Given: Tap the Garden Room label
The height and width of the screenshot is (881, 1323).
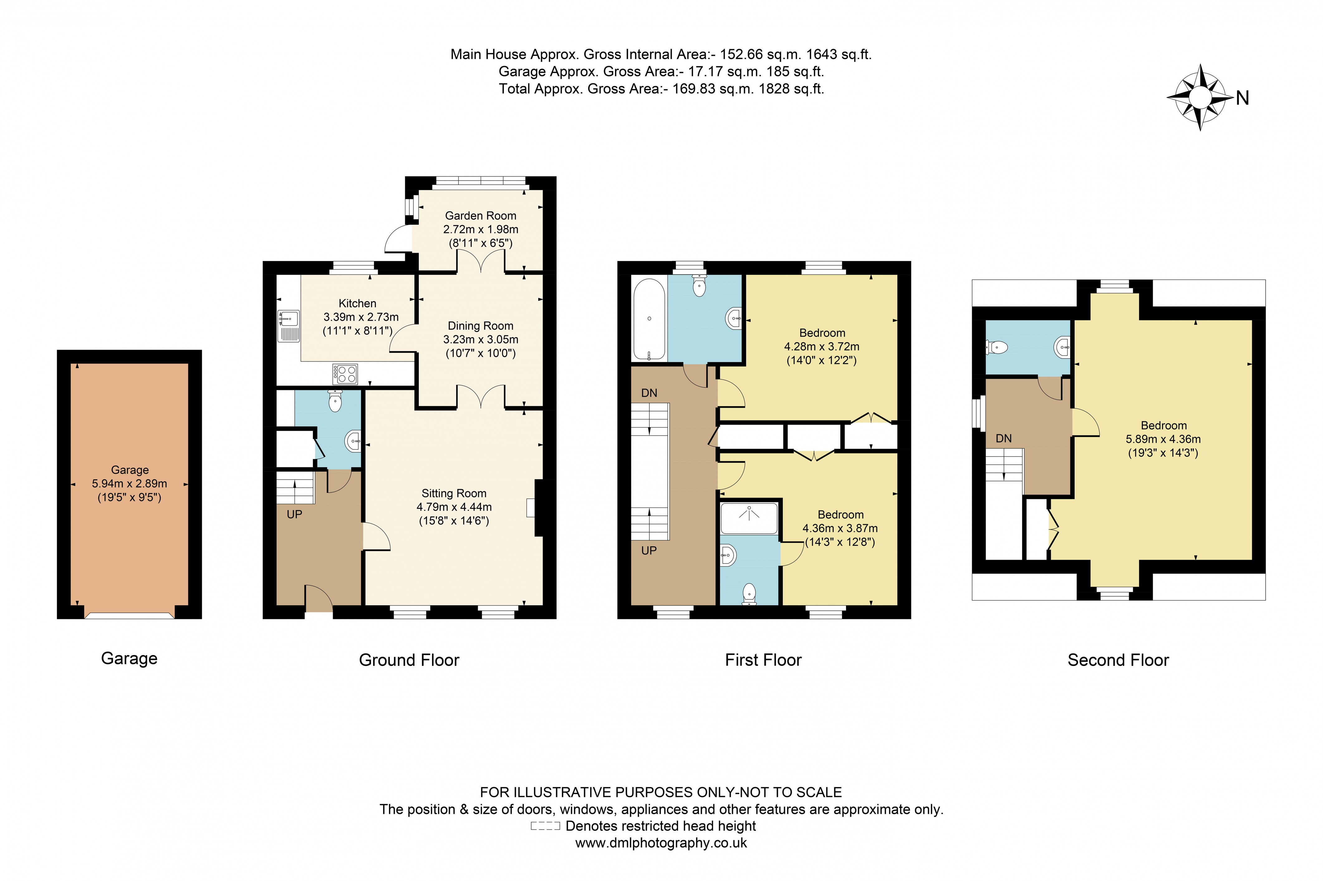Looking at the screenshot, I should coord(480,216).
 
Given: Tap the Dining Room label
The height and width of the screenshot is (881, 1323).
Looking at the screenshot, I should coord(480,326).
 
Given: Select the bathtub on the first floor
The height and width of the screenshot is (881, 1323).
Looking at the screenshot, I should coord(649,319).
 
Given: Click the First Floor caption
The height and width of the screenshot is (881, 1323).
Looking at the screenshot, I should coord(763,660).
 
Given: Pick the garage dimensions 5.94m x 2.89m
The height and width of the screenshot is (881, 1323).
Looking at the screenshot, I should coord(129,484).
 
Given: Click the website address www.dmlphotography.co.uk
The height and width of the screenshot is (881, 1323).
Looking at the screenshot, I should coord(661,843).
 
